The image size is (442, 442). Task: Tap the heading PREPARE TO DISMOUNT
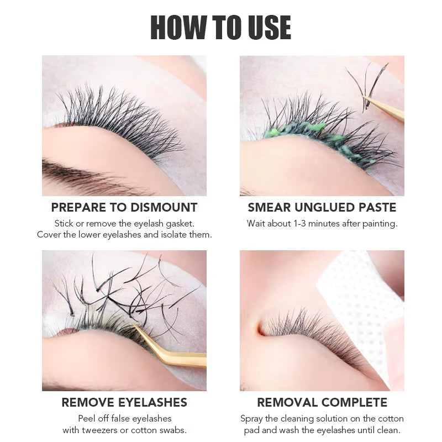click(124, 208)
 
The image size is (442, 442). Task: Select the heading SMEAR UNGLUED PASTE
click(322, 208)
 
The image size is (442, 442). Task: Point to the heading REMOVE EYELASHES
click(124, 402)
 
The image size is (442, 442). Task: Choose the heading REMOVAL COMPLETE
click(322, 402)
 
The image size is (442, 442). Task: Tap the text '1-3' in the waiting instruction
click(304, 224)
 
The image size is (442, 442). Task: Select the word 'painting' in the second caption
click(379, 224)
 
